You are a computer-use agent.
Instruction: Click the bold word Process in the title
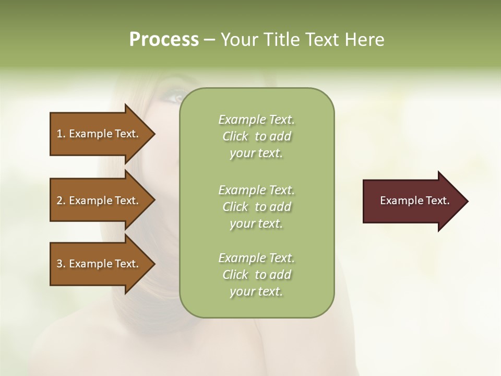(164, 40)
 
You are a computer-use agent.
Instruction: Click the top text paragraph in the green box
(256, 136)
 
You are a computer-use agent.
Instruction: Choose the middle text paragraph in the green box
(256, 207)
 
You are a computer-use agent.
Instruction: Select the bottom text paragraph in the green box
(256, 275)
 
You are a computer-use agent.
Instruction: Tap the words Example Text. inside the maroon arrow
(414, 201)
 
